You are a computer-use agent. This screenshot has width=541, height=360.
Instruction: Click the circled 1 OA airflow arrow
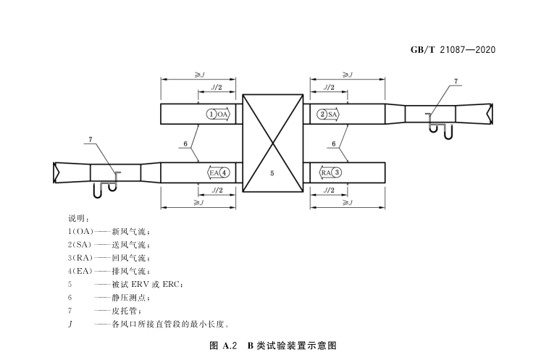pyautogui.click(x=217, y=114)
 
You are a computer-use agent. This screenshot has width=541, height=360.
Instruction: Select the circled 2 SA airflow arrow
pyautogui.click(x=328, y=114)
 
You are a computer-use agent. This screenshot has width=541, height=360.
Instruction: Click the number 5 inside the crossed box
pyautogui.click(x=272, y=174)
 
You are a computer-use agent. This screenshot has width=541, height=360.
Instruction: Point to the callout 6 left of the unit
pyautogui.click(x=186, y=144)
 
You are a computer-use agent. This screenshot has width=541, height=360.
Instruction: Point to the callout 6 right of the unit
pyautogui.click(x=334, y=144)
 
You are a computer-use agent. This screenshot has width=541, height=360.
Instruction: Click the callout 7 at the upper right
pyautogui.click(x=456, y=81)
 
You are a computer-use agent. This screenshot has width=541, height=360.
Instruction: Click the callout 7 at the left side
pyautogui.click(x=90, y=138)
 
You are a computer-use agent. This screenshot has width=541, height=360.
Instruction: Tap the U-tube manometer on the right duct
pyautogui.click(x=439, y=129)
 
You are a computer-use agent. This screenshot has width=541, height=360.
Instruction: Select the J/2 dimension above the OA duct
pyautogui.click(x=217, y=87)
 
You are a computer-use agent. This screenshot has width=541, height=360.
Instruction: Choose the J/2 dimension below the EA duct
pyautogui.click(x=217, y=190)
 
